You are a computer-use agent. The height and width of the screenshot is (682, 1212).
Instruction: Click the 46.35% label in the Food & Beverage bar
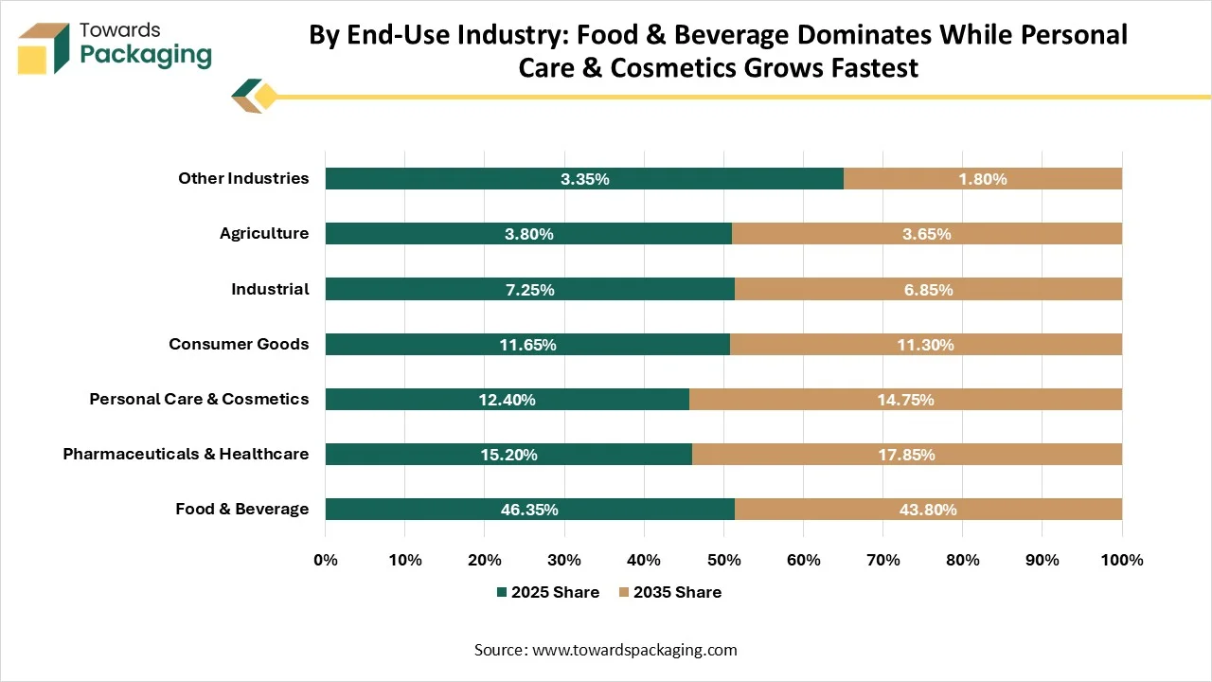coord(529,510)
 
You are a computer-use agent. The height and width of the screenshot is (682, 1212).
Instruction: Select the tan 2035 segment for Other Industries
coord(983,179)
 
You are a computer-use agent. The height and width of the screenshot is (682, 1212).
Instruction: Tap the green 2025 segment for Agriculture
coord(528,233)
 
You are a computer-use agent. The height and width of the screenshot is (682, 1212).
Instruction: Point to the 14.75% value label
coord(906,400)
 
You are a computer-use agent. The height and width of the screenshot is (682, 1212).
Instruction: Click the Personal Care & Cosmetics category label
coord(199,399)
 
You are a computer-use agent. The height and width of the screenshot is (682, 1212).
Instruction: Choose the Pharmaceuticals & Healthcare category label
coord(186,454)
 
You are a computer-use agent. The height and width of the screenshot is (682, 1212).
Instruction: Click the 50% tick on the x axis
coord(724,560)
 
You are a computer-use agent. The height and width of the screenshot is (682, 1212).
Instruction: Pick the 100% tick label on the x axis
coord(1122,560)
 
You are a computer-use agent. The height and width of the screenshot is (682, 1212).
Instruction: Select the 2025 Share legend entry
coord(548,592)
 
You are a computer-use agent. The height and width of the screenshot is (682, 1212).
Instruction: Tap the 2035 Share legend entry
coord(670,592)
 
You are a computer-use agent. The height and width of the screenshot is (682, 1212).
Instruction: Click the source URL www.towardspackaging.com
coord(634,650)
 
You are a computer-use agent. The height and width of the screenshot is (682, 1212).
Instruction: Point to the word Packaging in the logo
coord(146,56)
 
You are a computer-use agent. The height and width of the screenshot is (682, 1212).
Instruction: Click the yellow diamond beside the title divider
coord(265,97)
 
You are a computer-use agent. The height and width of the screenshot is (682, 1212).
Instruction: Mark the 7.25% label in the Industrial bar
coord(530,290)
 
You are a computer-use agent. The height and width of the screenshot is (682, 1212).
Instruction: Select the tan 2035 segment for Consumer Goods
coord(926,344)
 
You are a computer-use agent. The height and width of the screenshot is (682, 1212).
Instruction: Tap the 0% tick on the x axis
coord(326,560)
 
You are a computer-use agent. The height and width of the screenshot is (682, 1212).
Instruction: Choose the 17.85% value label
coord(907,454)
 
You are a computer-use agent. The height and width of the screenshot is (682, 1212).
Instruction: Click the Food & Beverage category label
coord(241,509)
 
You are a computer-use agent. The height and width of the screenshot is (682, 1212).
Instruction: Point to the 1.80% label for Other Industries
coord(983,179)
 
